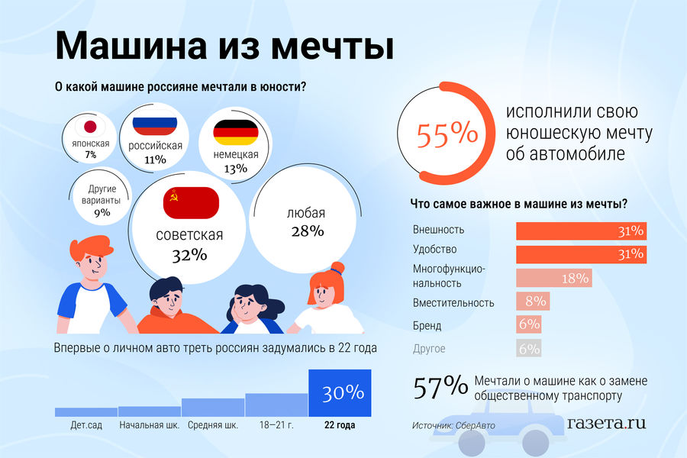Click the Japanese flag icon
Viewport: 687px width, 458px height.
[x=90, y=127]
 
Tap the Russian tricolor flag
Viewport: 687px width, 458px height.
[x=155, y=126]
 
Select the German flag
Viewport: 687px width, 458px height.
[x=235, y=133]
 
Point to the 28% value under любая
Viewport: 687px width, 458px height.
[x=307, y=231]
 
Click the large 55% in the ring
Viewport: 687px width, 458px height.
[x=447, y=135]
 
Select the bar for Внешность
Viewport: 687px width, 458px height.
[x=582, y=231]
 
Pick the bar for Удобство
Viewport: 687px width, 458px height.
[x=582, y=253]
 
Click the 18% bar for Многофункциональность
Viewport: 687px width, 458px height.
[x=554, y=278]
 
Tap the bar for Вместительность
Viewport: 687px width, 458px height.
[x=533, y=302]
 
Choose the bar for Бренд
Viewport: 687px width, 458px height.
[x=529, y=325]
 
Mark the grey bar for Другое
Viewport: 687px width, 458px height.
[x=529, y=348]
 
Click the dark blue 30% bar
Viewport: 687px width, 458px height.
[x=340, y=392]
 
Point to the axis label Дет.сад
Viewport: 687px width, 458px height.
[x=86, y=425]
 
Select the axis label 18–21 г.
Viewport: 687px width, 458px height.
[x=276, y=425]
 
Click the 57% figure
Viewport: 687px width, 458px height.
[x=440, y=388]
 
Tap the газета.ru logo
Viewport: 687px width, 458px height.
[x=607, y=422]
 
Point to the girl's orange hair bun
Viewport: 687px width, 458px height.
[x=337, y=268]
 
